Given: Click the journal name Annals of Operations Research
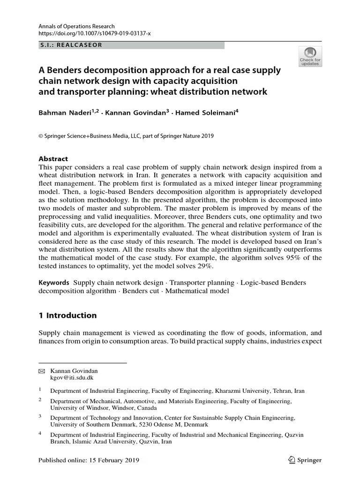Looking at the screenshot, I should tap(76, 27).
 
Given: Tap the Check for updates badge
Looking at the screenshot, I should tap(310, 57).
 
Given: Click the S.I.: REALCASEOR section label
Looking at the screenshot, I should tap(70, 45).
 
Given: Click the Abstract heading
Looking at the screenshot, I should tap(53, 159).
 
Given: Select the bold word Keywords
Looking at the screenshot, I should tap(53, 283).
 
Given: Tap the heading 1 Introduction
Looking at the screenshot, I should tap(67, 315).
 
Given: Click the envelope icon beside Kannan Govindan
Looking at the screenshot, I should tap(41, 371).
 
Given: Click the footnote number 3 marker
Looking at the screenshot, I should tap(40, 415).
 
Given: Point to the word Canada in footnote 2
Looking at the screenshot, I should tap(141, 408).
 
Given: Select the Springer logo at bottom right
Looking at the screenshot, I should tap(304, 460).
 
